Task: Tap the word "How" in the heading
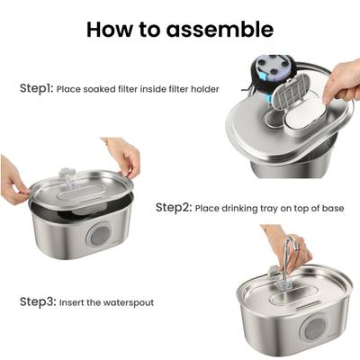pos(110,29)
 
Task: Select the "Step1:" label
pos(37,89)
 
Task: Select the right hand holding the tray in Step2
pos(124,157)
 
